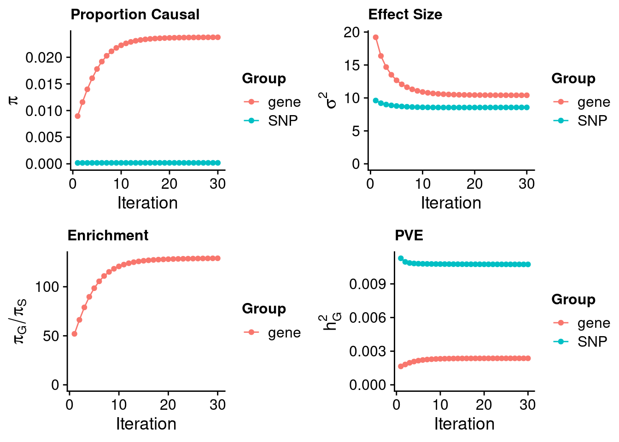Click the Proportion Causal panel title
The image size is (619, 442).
135,15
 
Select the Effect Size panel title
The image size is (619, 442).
405,15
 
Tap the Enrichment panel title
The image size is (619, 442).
108,236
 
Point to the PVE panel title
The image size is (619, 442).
409,236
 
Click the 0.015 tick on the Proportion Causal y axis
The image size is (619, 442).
44,84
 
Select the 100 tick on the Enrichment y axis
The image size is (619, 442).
47,287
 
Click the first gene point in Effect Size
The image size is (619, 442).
375,37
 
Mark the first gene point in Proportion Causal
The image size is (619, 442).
77,116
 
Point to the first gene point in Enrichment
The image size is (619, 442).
74,334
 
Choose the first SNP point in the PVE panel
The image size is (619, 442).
401,258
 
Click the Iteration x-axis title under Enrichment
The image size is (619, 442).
146,424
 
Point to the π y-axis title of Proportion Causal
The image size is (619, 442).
14,99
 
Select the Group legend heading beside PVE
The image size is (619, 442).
573,300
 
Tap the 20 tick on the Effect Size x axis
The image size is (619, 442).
474,184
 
